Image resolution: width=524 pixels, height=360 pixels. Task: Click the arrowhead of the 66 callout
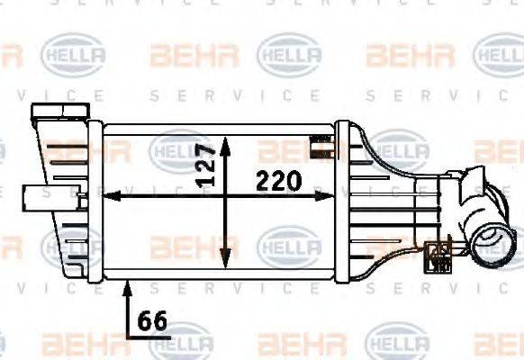(127, 285)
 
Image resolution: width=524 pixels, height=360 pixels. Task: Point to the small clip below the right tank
(440, 255)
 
